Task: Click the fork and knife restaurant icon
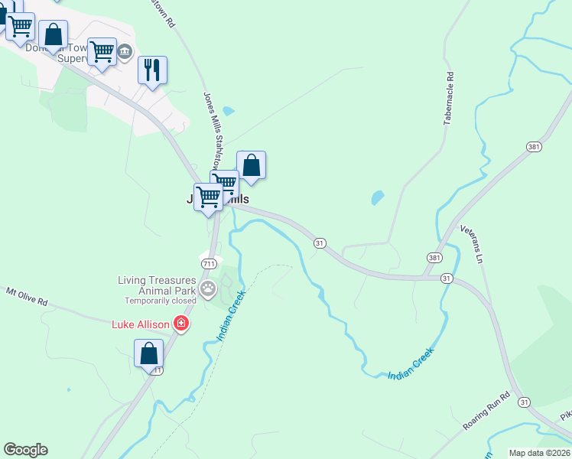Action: click(151, 70)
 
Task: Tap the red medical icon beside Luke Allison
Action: click(180, 324)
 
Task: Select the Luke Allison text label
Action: click(140, 324)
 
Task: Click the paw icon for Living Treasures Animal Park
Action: click(208, 288)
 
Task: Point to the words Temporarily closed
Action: click(158, 301)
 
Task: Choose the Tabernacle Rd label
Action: click(450, 99)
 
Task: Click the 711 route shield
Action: click(208, 263)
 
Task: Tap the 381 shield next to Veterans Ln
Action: click(434, 258)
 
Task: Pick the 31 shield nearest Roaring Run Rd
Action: click(524, 401)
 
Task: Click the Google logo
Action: click(25, 450)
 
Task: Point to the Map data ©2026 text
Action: click(540, 453)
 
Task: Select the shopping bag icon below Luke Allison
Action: click(148, 353)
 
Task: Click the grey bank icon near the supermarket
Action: click(125, 51)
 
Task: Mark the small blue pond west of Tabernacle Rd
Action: click(377, 197)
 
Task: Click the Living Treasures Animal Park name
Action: click(158, 285)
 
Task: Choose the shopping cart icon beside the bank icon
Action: click(102, 52)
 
